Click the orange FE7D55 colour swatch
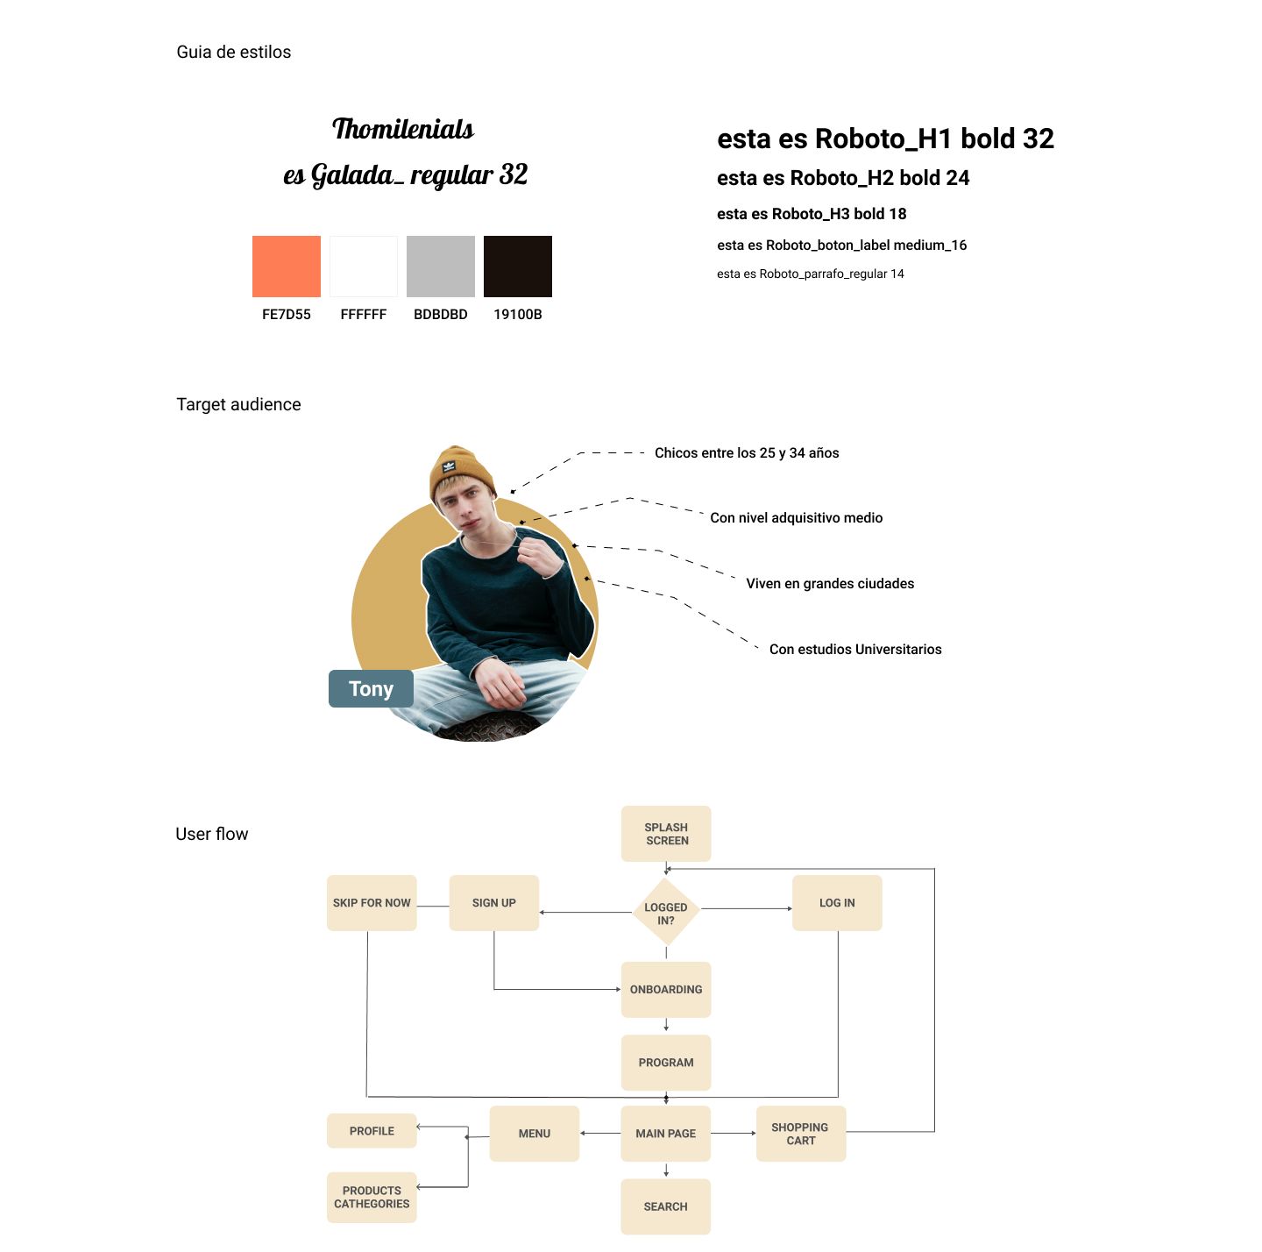(287, 267)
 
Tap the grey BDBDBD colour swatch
(440, 267)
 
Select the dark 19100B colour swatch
(517, 267)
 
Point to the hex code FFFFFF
(363, 314)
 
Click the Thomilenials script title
(403, 129)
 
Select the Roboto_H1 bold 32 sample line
(885, 139)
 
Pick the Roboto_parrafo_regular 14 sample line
(810, 274)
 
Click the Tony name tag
(371, 688)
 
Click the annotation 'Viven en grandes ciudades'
(830, 583)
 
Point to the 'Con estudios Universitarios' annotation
(855, 648)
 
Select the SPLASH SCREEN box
(666, 833)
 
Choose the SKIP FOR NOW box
(372, 903)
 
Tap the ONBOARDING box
(666, 989)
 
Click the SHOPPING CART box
(801, 1134)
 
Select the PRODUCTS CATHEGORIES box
(372, 1197)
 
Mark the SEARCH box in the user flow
(665, 1206)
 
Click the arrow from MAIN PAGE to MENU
(600, 1133)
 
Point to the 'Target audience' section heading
(238, 404)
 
